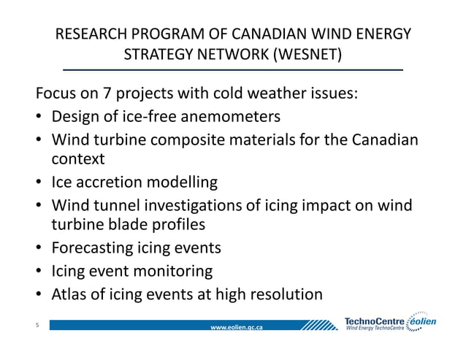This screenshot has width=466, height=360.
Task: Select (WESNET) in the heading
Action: click(x=306, y=55)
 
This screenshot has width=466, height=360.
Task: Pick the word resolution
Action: click(x=281, y=294)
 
